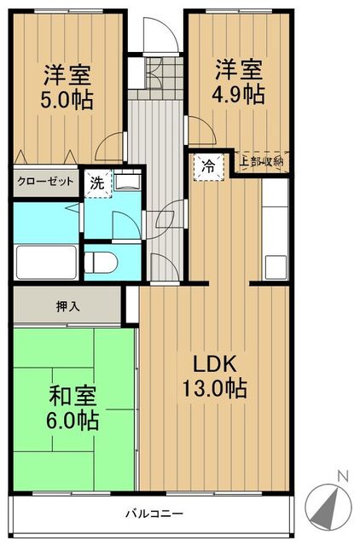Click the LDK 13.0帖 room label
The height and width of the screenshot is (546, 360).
[x=213, y=375]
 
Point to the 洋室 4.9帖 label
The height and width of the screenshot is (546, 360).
[x=239, y=80]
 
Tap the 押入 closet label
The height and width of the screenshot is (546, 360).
[x=69, y=306]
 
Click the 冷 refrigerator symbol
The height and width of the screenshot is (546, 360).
[x=207, y=166]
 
